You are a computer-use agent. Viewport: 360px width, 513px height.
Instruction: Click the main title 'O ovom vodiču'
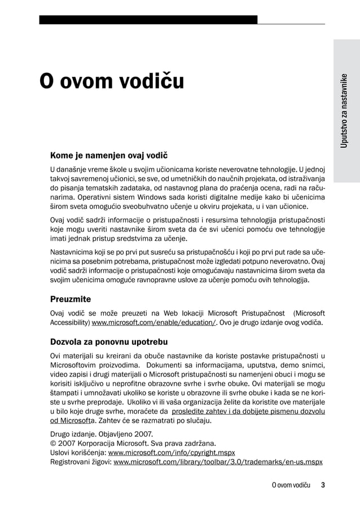click(111, 82)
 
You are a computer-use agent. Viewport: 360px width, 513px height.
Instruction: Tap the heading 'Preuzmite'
click(71, 299)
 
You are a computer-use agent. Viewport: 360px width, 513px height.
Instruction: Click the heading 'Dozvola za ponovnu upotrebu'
click(109, 342)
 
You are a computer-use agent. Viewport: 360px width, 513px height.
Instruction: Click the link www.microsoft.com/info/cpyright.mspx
click(171, 453)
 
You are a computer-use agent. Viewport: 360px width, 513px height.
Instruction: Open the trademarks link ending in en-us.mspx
click(218, 462)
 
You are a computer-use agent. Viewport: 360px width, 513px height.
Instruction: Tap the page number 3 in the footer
click(323, 485)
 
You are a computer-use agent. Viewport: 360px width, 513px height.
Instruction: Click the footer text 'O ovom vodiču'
click(291, 485)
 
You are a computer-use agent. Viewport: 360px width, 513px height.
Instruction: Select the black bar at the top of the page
click(148, 20)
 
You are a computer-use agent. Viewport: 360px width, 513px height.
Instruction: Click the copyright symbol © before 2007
click(53, 444)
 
